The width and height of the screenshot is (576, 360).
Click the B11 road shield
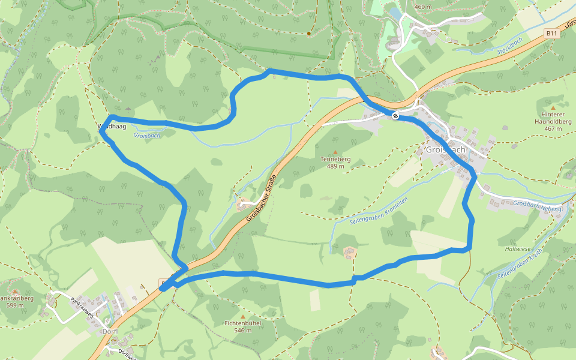pos(552,34)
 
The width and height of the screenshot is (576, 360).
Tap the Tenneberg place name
pos(335,159)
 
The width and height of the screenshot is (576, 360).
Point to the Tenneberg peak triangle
pos(335,152)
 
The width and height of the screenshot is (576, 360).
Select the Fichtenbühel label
pos(242,323)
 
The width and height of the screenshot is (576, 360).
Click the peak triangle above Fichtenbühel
pos(242,316)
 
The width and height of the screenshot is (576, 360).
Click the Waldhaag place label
pos(112,127)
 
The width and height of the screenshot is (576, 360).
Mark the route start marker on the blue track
pos(395,115)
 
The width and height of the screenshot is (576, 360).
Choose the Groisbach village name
pos(446,149)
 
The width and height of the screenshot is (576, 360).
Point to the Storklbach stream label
pos(510,47)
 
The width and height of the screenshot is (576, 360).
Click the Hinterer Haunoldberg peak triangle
pos(553,107)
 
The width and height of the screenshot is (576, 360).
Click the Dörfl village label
pos(110,331)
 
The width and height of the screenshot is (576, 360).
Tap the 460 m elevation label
pos(423,7)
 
